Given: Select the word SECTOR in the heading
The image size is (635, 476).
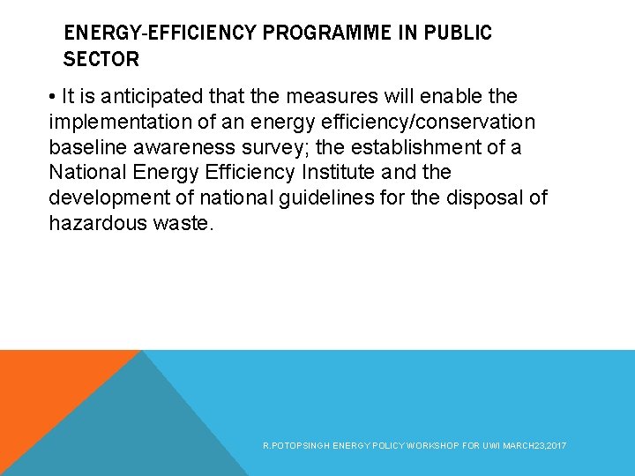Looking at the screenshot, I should [101, 60].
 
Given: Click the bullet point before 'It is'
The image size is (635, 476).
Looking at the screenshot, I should [55, 96].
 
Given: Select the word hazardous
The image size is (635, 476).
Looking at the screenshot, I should [96, 224].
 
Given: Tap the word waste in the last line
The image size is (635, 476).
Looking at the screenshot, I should [183, 224].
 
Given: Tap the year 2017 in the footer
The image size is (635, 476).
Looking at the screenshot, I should [557, 446].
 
